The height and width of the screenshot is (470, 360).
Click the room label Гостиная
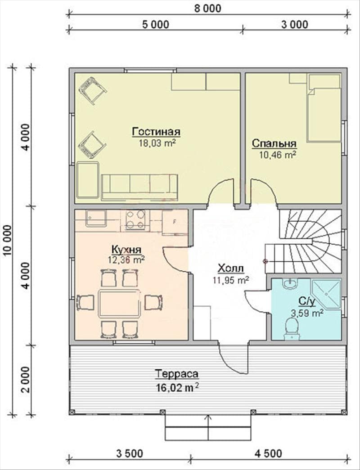click(156, 132)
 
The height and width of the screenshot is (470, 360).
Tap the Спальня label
click(274, 143)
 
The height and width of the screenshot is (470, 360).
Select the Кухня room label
click(126, 249)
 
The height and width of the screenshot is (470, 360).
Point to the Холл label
click(230, 268)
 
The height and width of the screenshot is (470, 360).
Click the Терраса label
click(176, 374)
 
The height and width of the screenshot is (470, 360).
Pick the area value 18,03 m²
click(157, 143)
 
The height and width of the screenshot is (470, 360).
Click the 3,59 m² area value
click(307, 313)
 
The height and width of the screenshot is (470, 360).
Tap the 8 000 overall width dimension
click(207, 8)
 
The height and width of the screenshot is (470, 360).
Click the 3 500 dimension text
click(130, 453)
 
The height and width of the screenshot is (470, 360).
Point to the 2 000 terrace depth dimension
click(26, 380)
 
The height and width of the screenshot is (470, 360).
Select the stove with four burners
click(135, 220)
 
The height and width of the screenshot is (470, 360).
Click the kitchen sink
click(96, 218)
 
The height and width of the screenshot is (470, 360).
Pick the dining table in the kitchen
click(120, 303)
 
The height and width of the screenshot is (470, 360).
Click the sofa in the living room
click(139, 188)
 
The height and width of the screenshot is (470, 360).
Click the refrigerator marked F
click(175, 222)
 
